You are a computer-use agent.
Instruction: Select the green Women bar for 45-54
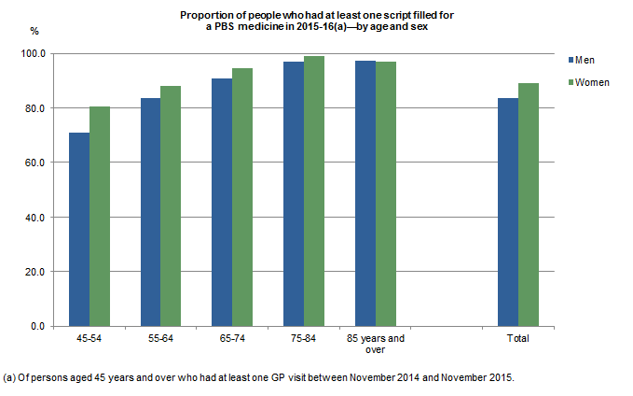99,217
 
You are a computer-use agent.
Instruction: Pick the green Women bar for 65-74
242,197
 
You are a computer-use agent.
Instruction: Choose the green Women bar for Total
529,205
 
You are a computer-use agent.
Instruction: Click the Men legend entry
585,60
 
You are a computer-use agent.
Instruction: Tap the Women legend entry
591,82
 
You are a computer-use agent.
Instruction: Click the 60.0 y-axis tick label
35,163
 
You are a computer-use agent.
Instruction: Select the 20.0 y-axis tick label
35,272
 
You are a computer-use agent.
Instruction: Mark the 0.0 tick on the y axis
38,326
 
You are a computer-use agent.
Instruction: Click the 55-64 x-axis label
161,338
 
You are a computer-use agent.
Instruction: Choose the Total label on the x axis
518,338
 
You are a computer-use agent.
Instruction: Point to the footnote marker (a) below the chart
9,377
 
